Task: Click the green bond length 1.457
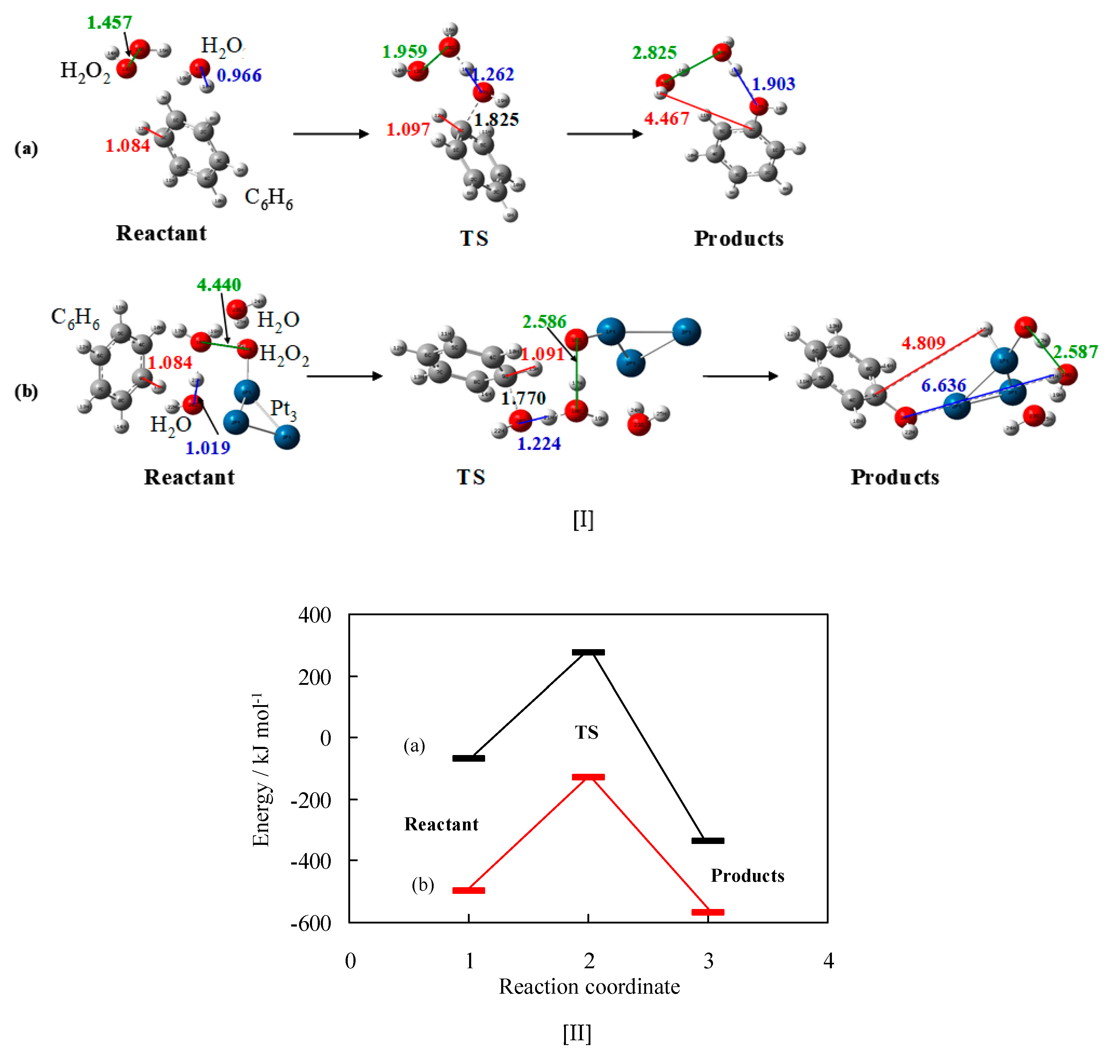pos(109,22)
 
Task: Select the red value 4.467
pos(667,119)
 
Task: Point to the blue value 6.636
pos(944,386)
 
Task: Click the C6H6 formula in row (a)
pos(268,198)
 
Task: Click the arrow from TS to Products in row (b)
pos(740,376)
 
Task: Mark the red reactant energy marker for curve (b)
pos(468,891)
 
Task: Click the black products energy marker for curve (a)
pos(708,841)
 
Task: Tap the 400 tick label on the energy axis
pos(315,615)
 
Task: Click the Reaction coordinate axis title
pos(589,987)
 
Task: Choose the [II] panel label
pos(577,1034)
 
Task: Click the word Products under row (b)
pos(895,477)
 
